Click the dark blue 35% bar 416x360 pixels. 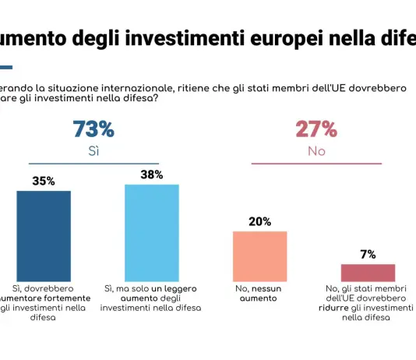click(44, 235)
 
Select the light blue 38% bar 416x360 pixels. click(152, 232)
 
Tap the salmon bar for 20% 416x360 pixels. click(260, 256)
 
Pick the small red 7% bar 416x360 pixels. click(368, 272)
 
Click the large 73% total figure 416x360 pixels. click(93, 129)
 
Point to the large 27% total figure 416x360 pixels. click(316, 129)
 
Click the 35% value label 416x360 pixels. click(44, 181)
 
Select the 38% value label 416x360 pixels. click(152, 175)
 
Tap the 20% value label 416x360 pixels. click(260, 221)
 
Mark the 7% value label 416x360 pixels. click(368, 254)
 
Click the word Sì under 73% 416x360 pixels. click(93, 151)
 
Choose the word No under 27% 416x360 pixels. click(316, 151)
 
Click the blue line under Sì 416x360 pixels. click(93, 164)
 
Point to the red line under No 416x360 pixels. click(316, 164)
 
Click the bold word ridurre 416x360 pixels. click(341, 308)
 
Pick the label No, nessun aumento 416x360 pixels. click(260, 293)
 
